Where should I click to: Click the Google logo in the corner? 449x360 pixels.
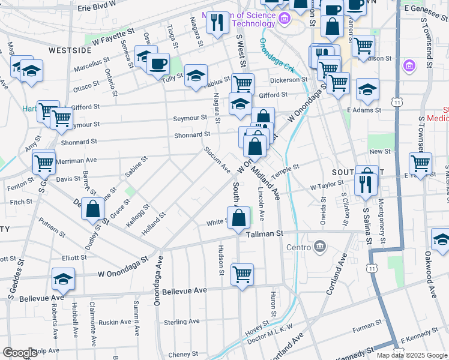coord(20,353)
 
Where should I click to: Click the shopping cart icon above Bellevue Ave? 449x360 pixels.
coord(242,274)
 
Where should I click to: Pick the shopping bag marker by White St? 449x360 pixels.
coord(238,217)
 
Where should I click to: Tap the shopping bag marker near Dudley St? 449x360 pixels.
coord(92,209)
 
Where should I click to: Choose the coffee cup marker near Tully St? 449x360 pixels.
coord(158,63)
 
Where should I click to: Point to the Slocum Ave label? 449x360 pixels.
coord(217,158)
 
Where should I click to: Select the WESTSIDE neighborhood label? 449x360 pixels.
coord(70,50)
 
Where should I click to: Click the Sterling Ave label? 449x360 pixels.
coord(182,322)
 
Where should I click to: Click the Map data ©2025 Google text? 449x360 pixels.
coord(412,355)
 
